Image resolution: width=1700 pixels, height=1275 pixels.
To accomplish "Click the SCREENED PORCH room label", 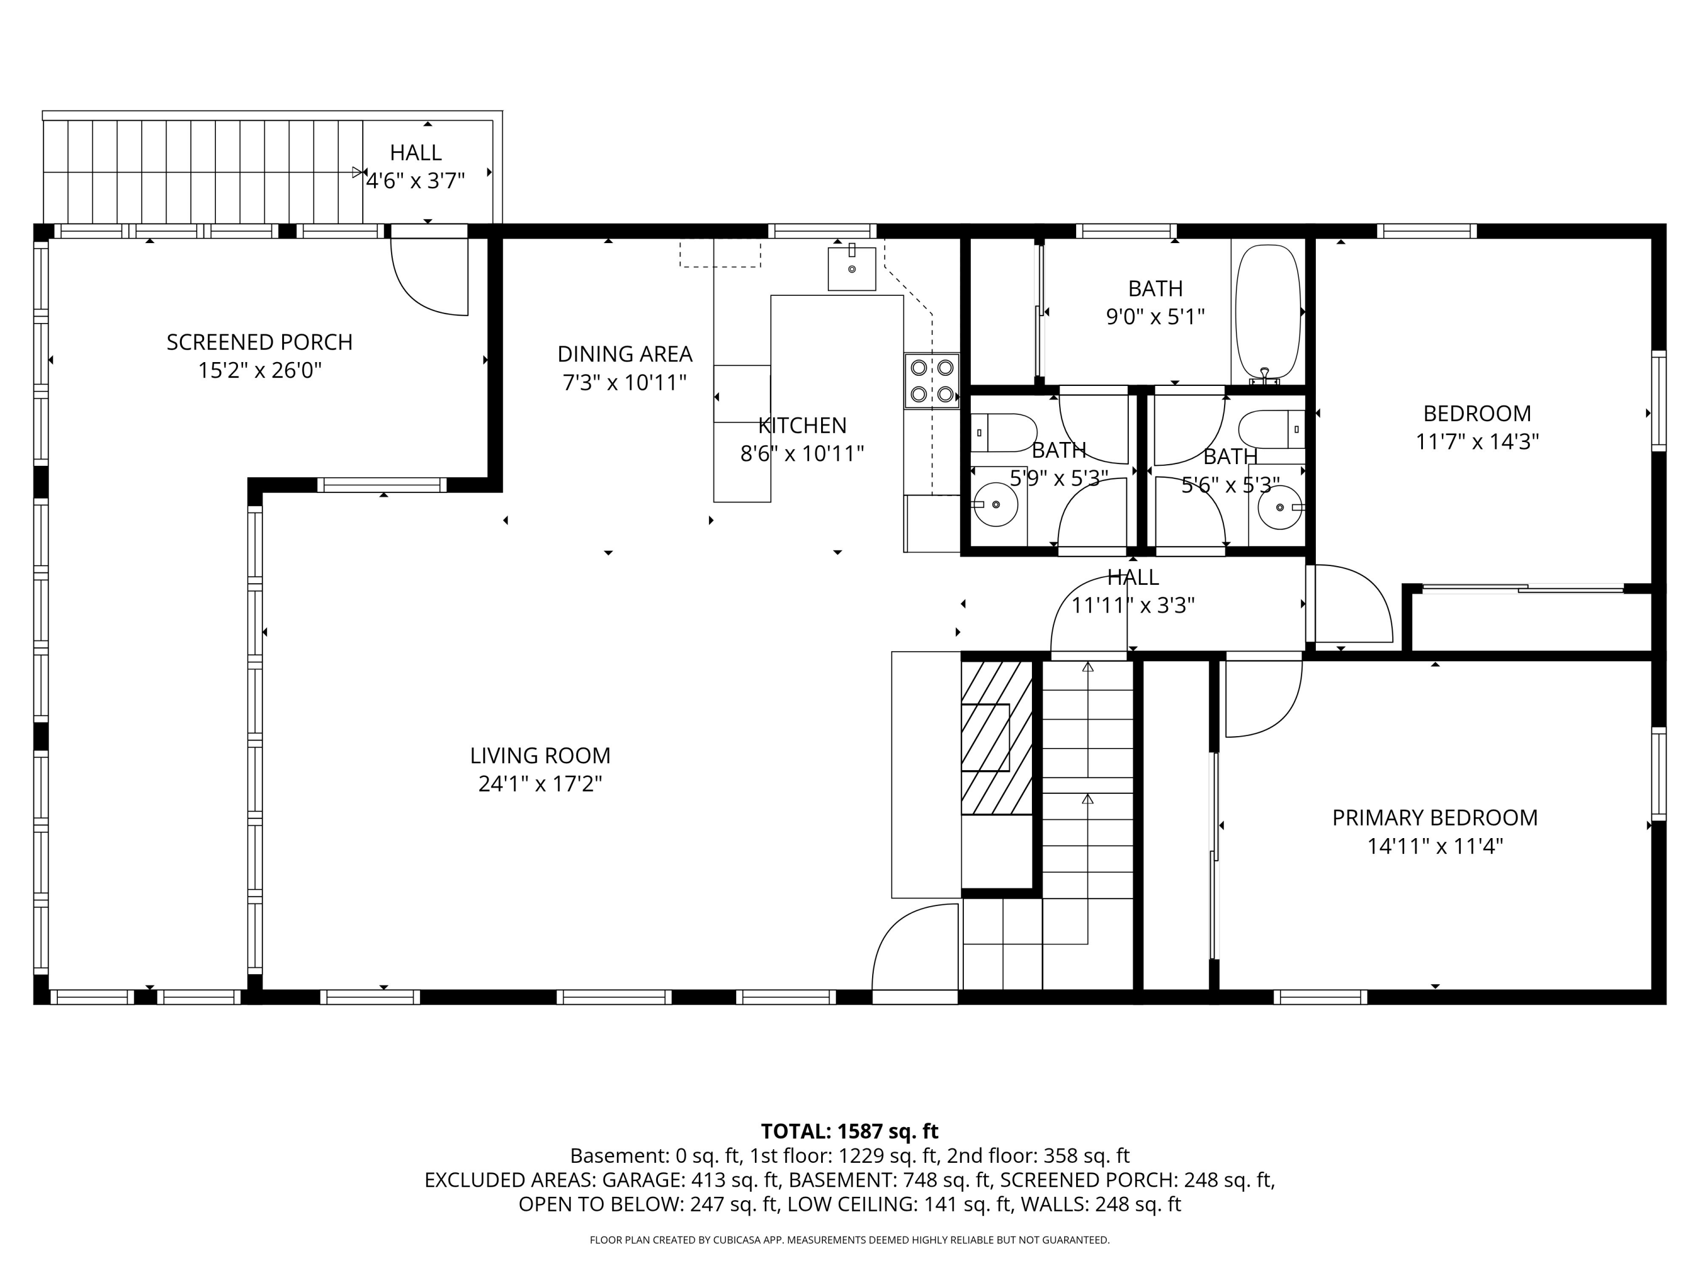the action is click(x=260, y=342).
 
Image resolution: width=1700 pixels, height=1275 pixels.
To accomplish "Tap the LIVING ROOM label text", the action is click(x=540, y=755).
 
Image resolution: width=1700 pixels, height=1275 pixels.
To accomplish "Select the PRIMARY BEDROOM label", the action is click(x=1435, y=818).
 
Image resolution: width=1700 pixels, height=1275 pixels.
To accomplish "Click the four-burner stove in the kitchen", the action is click(x=932, y=380).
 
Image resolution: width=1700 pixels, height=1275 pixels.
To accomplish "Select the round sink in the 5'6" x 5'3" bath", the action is click(x=1280, y=507).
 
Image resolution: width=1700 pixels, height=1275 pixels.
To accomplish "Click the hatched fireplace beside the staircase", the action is click(x=996, y=738).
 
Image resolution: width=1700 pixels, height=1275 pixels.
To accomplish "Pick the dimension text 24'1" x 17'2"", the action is click(x=540, y=784).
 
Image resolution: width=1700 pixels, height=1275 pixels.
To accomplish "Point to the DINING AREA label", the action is click(x=625, y=354).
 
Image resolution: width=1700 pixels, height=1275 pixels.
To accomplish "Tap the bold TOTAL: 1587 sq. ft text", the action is click(x=849, y=1131).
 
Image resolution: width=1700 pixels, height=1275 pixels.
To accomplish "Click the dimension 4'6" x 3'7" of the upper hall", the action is click(x=416, y=181).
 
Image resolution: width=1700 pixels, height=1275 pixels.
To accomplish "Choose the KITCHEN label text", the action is click(x=802, y=426).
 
